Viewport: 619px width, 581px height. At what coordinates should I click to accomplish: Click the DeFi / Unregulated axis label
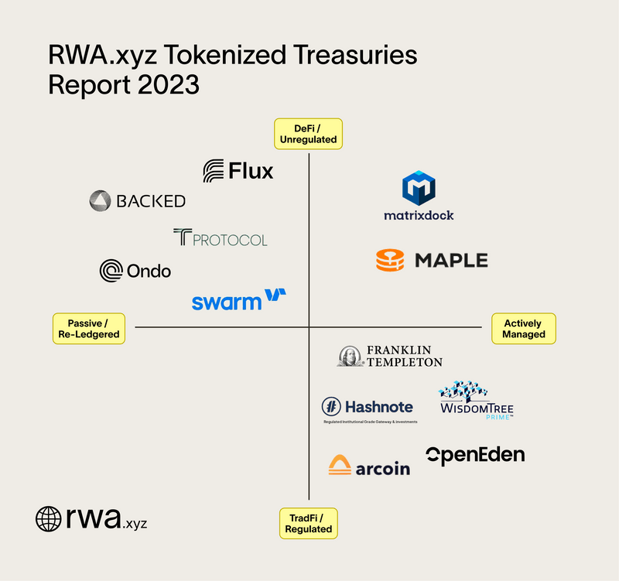click(308, 134)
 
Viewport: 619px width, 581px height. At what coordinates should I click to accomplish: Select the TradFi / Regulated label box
click(308, 523)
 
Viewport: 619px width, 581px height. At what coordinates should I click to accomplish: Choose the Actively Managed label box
click(524, 328)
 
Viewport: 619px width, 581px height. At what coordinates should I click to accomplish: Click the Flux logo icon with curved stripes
click(214, 171)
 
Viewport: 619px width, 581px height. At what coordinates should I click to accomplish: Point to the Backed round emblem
click(101, 201)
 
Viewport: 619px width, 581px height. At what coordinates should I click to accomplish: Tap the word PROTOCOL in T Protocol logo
click(229, 239)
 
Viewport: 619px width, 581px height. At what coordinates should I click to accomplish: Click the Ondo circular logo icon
click(111, 271)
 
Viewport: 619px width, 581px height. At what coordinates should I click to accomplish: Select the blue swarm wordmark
click(226, 301)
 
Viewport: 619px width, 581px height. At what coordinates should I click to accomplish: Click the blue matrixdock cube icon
click(419, 189)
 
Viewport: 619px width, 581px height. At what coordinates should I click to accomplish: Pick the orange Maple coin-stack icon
click(390, 260)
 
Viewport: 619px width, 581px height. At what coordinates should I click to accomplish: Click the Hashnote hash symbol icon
click(331, 406)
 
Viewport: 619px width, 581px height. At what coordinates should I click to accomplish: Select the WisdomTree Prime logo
click(477, 400)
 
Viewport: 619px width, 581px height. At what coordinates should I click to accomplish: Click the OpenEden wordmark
click(475, 455)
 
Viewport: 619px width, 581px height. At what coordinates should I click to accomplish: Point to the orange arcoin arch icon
click(340, 465)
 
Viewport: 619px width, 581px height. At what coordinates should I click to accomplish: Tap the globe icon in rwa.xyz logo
click(48, 518)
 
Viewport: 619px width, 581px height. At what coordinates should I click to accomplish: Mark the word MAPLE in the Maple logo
click(451, 261)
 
